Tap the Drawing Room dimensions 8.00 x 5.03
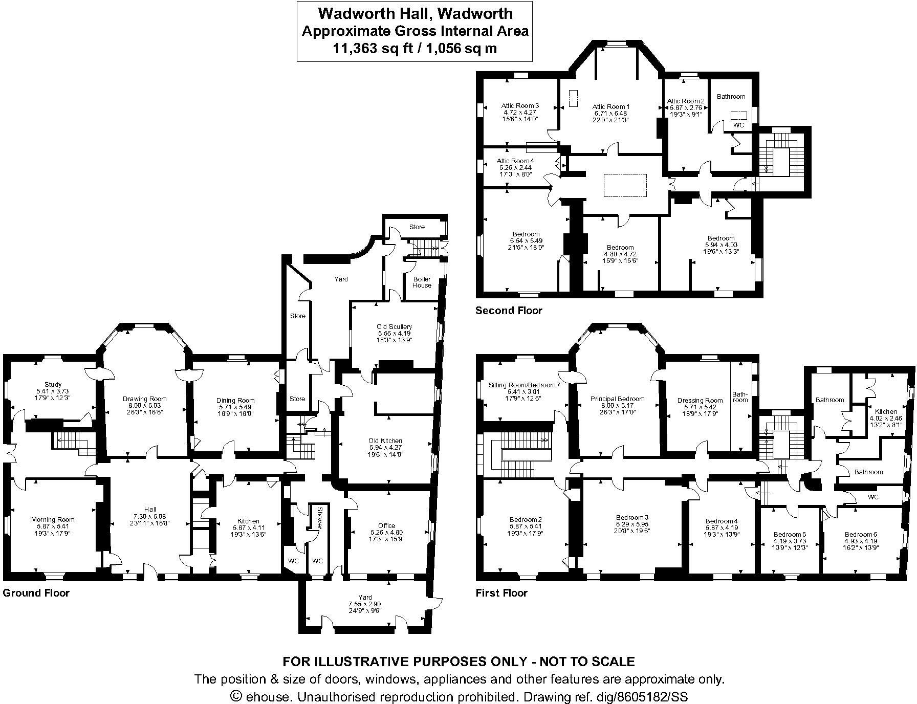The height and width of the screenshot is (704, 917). tap(145, 406)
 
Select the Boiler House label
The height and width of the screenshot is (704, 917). tap(422, 282)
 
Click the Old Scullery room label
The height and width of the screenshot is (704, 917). tap(394, 326)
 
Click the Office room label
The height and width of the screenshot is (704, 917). tap(386, 525)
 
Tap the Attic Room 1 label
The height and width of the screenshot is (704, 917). tap(610, 107)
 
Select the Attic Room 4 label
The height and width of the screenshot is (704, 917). tap(515, 161)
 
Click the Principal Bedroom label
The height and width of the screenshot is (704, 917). tap(617, 399)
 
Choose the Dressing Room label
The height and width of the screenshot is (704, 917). tap(700, 401)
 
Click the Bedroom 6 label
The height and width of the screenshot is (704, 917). tap(861, 534)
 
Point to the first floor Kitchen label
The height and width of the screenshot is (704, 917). tap(886, 411)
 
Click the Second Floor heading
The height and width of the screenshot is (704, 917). tap(509, 311)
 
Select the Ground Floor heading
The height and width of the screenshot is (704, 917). tap(36, 593)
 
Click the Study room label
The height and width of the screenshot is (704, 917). tap(53, 384)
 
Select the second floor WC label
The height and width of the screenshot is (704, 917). tap(738, 125)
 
